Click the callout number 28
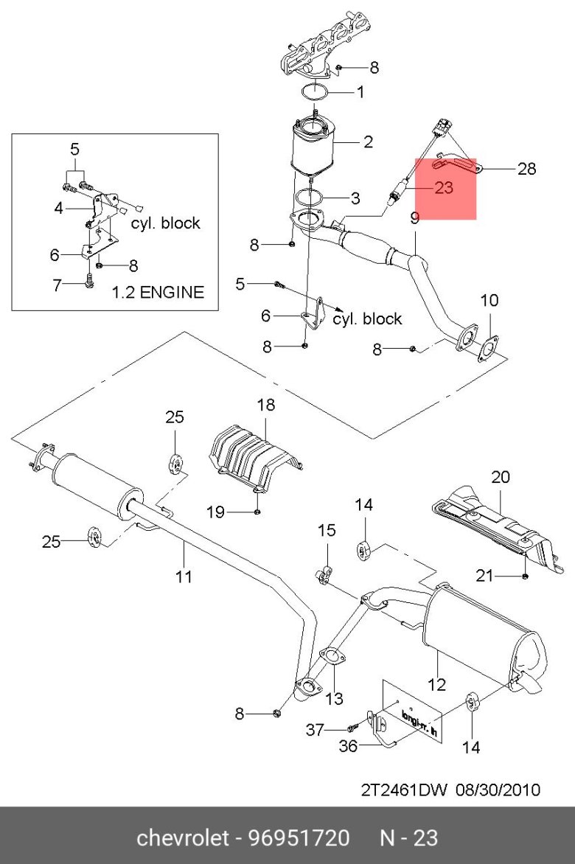click(x=526, y=168)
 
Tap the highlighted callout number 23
click(x=443, y=187)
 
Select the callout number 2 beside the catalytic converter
click(x=369, y=142)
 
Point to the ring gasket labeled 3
click(x=310, y=198)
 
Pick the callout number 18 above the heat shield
click(x=265, y=405)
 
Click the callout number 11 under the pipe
click(x=184, y=576)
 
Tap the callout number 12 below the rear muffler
click(x=436, y=684)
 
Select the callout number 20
click(x=500, y=477)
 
